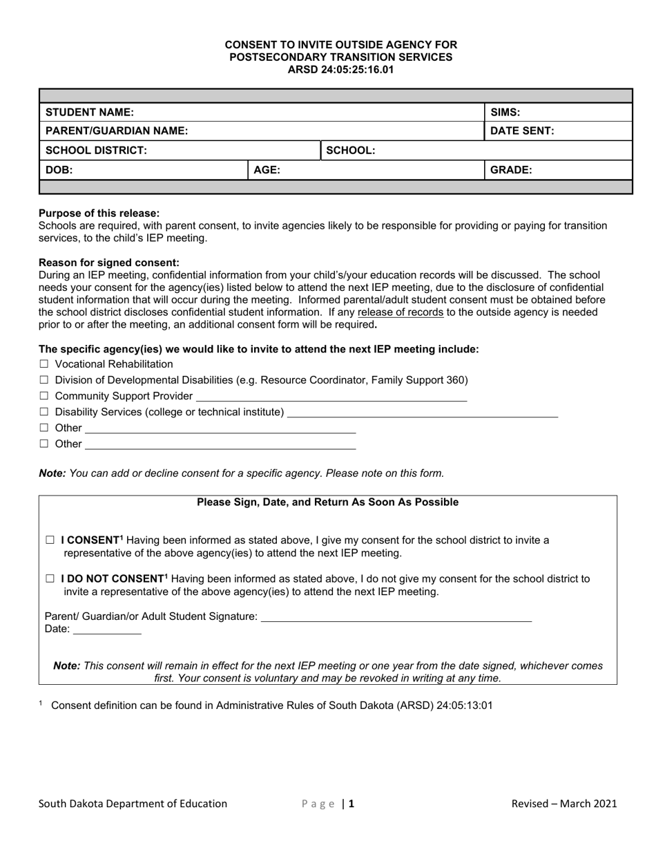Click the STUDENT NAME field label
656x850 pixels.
click(x=90, y=112)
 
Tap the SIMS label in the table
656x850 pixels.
click(x=505, y=112)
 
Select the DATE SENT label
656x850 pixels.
click(x=522, y=131)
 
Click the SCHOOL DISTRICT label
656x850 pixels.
click(x=96, y=150)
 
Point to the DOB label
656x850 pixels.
click(x=59, y=169)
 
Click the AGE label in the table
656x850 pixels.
click(x=267, y=169)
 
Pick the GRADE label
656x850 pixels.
click(x=511, y=169)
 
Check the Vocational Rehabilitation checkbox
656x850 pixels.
click(x=44, y=364)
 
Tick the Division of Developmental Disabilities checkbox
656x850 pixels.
click(x=44, y=380)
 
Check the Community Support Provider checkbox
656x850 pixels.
click(x=44, y=396)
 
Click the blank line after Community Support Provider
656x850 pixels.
click(x=331, y=398)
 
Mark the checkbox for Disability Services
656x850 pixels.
click(x=44, y=413)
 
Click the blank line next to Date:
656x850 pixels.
click(x=107, y=631)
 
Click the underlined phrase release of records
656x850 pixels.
click(x=401, y=312)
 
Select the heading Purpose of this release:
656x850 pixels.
click(x=99, y=214)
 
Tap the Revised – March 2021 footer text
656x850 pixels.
click(x=564, y=804)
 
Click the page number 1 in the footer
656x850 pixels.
click(x=351, y=804)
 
